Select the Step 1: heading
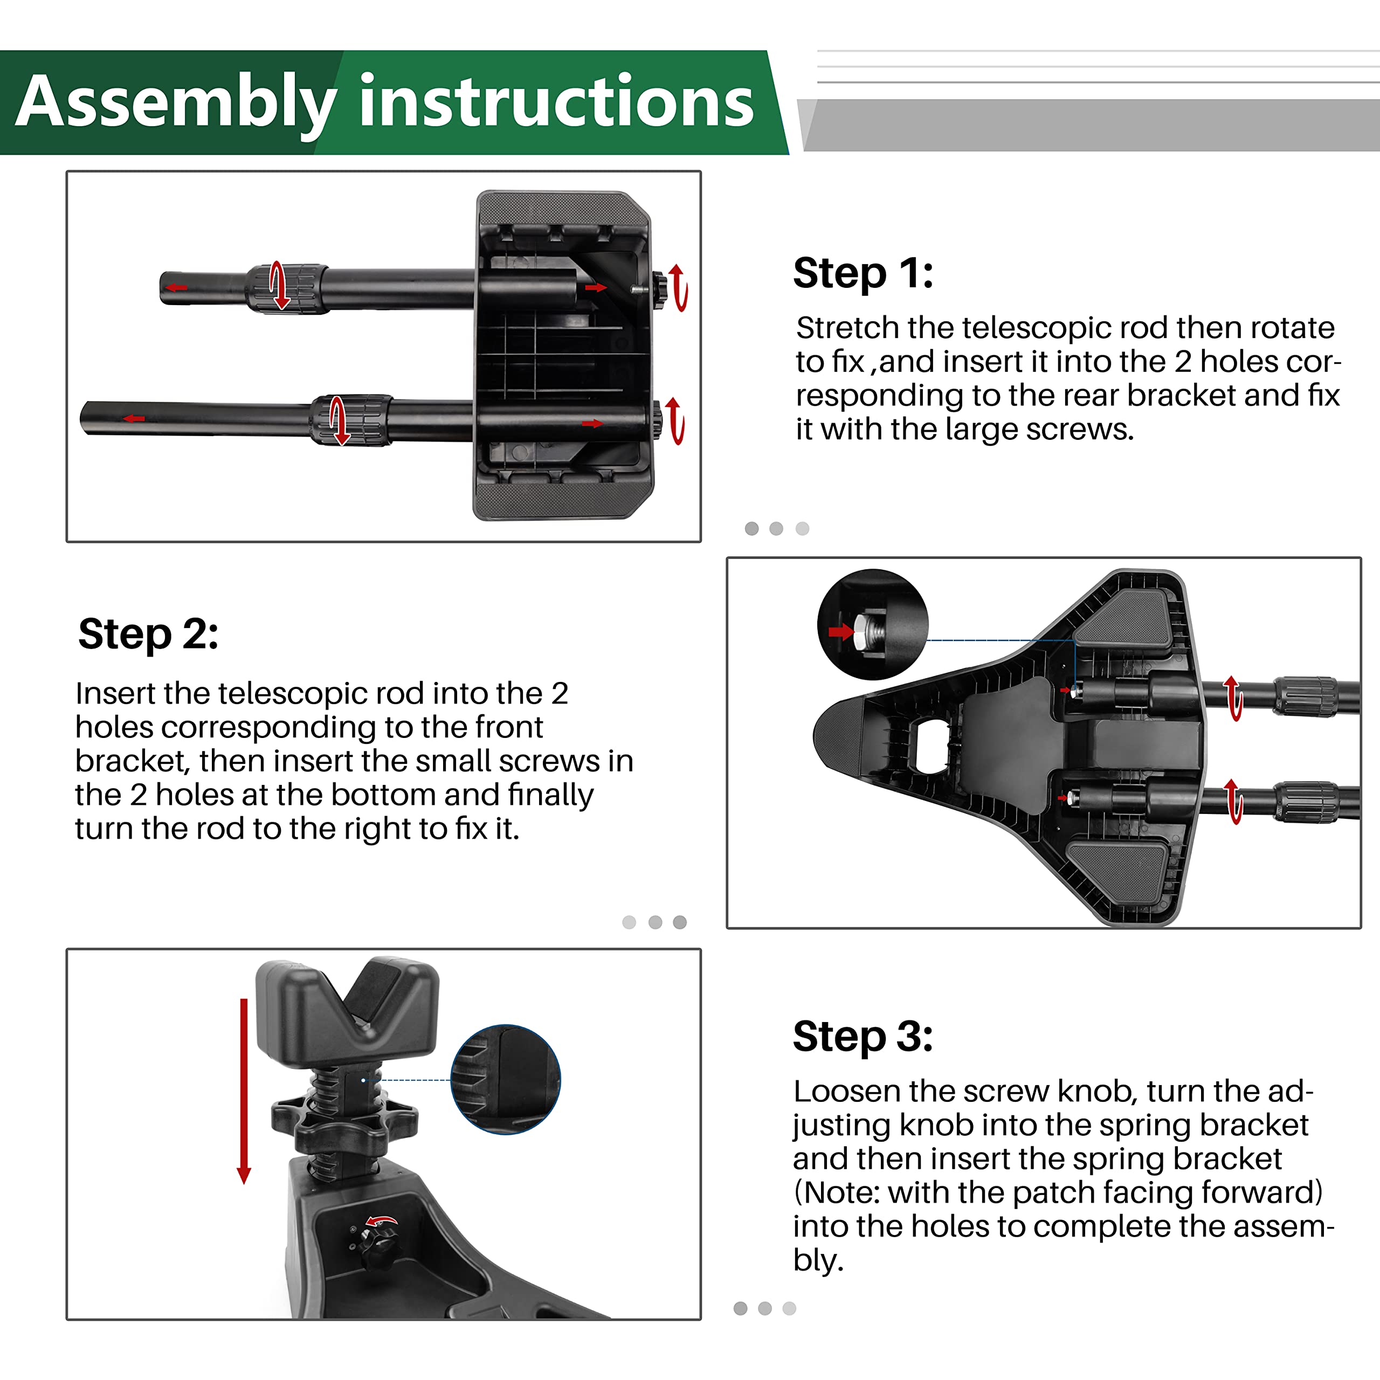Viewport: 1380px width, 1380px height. point(863,273)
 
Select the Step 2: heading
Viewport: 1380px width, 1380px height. point(148,633)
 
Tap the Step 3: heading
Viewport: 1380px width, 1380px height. point(863,1037)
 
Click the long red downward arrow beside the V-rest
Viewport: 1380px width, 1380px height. point(244,1089)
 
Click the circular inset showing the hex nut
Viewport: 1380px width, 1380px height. point(872,624)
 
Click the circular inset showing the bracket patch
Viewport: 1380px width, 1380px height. point(505,1079)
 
